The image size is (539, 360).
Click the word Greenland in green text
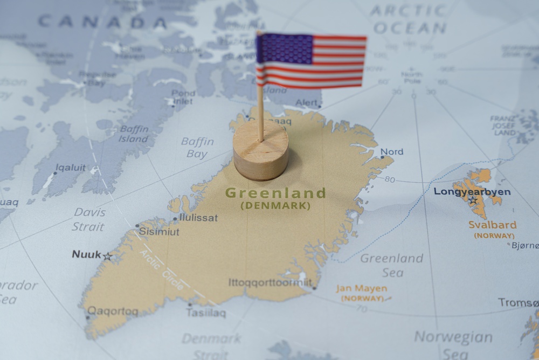point(275,193)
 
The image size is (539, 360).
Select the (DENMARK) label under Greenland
point(275,205)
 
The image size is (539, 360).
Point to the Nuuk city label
point(86,254)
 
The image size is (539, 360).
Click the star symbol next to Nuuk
point(108,257)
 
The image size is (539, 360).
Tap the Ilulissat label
point(199,218)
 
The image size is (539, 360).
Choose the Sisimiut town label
point(159,232)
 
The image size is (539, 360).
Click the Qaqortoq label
point(113,311)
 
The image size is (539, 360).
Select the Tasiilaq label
point(206,313)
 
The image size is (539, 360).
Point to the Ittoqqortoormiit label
point(270,282)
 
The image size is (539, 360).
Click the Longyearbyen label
point(472,192)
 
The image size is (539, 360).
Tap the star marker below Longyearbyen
point(473,201)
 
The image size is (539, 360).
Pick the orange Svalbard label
point(492,225)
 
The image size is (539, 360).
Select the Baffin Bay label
point(197,148)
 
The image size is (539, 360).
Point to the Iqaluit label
point(70,168)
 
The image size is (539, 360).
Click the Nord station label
point(391,152)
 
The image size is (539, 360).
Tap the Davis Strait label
point(89,218)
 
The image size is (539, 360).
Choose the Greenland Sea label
point(391,265)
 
